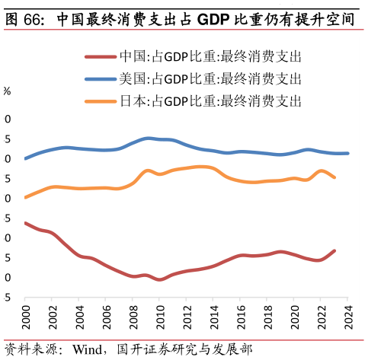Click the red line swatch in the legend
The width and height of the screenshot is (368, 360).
pyautogui.click(x=100, y=56)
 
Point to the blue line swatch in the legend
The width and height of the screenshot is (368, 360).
pyautogui.click(x=100, y=78)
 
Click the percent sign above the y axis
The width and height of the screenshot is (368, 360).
pyautogui.click(x=6, y=91)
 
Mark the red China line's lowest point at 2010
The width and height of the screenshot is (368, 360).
pyautogui.click(x=160, y=279)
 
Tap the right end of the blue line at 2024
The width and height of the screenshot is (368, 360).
pyautogui.click(x=348, y=153)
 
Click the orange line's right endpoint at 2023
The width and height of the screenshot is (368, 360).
pyautogui.click(x=334, y=177)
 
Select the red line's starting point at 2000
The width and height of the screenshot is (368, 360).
pyautogui.click(x=25, y=223)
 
